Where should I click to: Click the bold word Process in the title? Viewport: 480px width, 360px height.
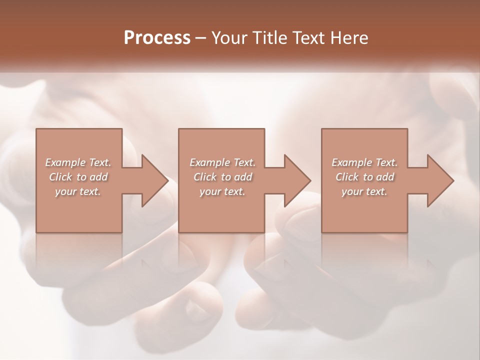(x=157, y=38)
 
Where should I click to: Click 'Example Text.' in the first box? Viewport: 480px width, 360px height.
(x=78, y=162)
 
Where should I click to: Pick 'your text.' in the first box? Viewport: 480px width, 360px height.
(x=78, y=191)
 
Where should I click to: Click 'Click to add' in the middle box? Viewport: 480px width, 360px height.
(x=222, y=177)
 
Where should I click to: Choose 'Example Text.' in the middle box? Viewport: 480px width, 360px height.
(x=222, y=162)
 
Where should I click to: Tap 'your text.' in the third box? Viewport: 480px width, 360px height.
(x=364, y=191)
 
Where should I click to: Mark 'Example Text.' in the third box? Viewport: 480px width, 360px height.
(x=364, y=162)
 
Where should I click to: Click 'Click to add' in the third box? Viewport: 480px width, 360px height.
(x=364, y=177)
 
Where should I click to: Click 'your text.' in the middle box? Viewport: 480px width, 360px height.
(x=222, y=191)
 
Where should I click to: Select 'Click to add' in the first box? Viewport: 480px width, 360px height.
(x=78, y=177)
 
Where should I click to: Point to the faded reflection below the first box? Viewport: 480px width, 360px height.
(x=79, y=250)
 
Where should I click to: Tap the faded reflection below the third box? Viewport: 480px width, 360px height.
(x=364, y=250)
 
